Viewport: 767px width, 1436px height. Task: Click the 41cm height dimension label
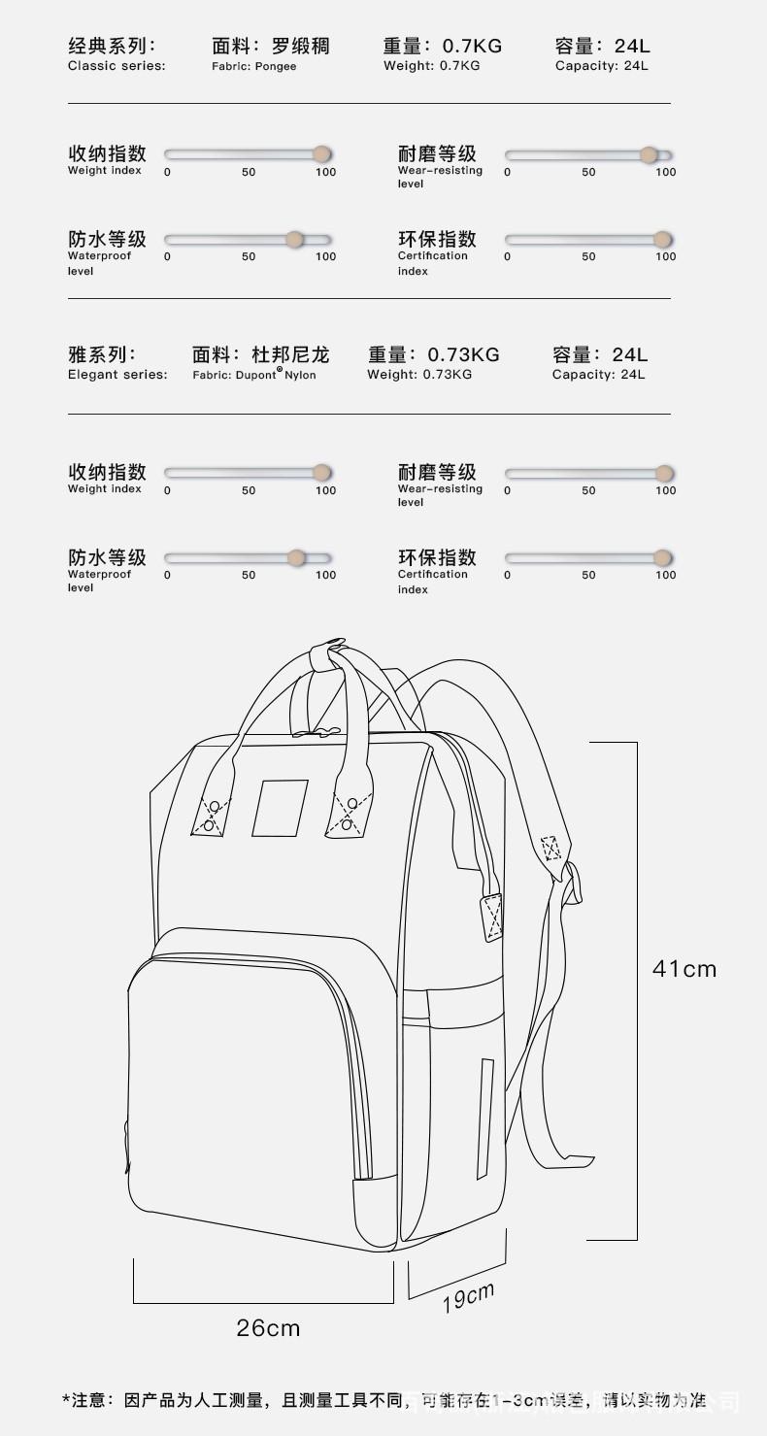point(684,968)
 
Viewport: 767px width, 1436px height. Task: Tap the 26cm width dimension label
point(268,1327)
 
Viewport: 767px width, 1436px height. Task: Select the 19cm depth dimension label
point(469,1297)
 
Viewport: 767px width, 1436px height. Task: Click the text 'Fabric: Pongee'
point(254,66)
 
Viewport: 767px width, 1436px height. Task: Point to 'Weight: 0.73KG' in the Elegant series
point(419,375)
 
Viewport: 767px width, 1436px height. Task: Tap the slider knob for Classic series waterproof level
point(295,240)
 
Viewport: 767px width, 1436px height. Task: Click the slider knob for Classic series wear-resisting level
point(650,155)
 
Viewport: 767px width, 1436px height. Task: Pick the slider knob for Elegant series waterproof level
point(297,558)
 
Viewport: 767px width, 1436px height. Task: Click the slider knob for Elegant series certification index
point(663,558)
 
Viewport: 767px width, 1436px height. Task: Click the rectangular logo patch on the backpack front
point(280,808)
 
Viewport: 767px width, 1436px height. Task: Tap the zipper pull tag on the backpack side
point(493,917)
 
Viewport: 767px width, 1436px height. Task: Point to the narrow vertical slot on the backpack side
point(484,1118)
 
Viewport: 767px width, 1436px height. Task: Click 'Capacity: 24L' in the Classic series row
point(602,66)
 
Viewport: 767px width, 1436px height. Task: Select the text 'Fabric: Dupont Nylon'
point(254,375)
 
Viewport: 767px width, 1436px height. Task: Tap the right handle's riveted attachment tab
point(350,814)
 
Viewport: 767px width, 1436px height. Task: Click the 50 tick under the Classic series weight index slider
point(249,172)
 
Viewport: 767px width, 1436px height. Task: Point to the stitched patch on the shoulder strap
point(551,848)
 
